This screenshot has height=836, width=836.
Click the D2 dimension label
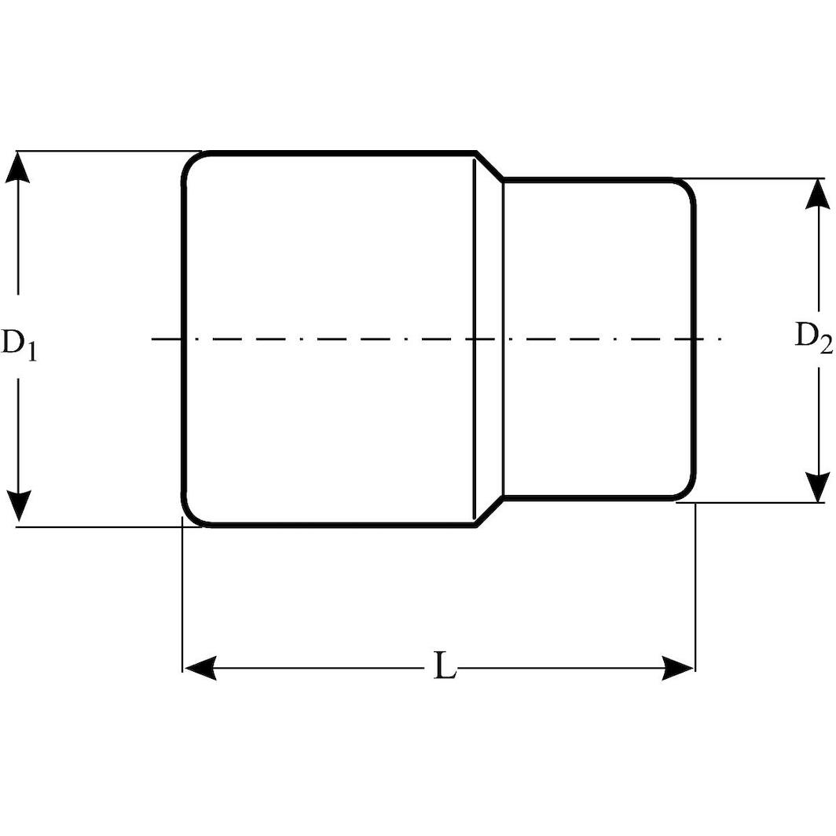[x=812, y=336]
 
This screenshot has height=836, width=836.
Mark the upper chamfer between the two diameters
[x=489, y=165]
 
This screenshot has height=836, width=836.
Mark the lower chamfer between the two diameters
[x=489, y=511]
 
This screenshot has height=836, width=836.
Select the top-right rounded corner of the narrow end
[x=687, y=188]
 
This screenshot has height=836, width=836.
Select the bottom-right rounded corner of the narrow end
[x=687, y=490]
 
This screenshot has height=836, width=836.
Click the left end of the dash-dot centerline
[x=153, y=339]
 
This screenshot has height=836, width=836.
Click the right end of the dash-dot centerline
[x=720, y=339]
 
